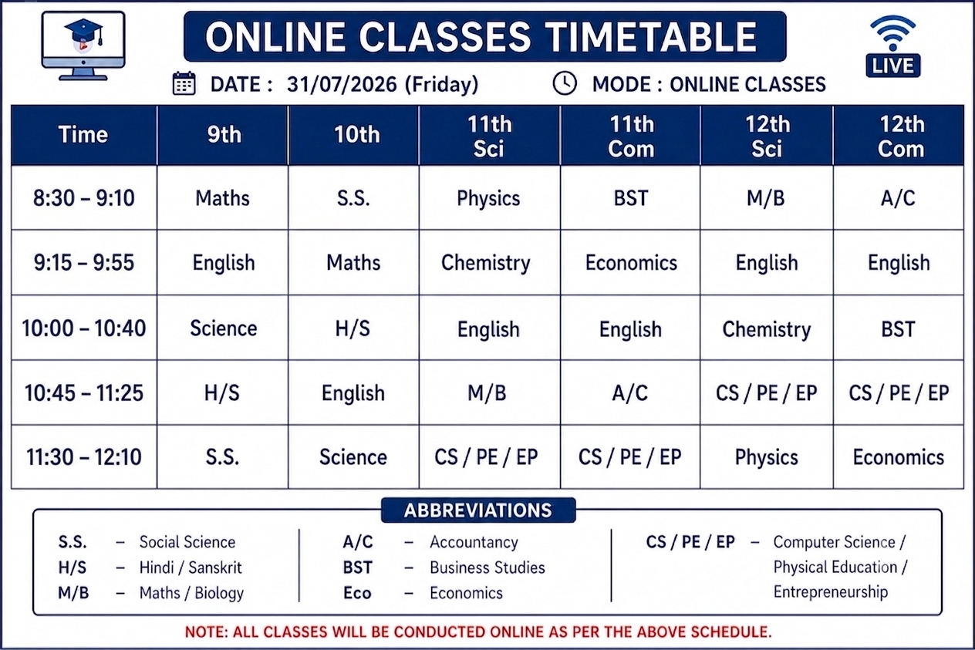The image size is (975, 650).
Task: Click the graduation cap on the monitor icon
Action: pos(84,32)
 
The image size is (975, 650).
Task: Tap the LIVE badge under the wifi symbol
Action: pos(892,66)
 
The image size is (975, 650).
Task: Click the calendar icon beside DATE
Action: pos(184,83)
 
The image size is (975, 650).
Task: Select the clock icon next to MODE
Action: pos(565,83)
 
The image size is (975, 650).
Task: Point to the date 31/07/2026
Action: pos(342,84)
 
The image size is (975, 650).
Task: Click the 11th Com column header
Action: pos(631,136)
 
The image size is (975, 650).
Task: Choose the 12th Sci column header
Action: pos(767,136)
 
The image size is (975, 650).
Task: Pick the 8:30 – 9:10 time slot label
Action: pos(84,198)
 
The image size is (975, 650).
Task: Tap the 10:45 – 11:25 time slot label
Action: pos(84,393)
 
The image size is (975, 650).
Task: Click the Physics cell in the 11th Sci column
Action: pos(488,199)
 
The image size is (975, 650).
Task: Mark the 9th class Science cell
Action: pos(223,328)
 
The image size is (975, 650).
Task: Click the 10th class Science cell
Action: pos(353,457)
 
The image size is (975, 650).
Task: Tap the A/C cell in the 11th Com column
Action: pos(630,393)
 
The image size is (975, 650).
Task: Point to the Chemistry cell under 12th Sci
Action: pos(767,330)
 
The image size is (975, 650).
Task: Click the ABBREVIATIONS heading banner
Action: pos(478,510)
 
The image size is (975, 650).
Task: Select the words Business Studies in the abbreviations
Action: pos(487,567)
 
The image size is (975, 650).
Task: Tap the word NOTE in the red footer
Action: pos(206,632)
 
